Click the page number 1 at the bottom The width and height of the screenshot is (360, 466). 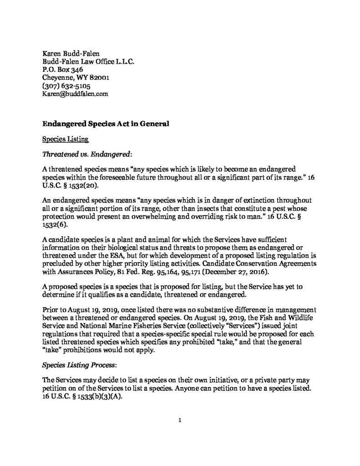[180, 420]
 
